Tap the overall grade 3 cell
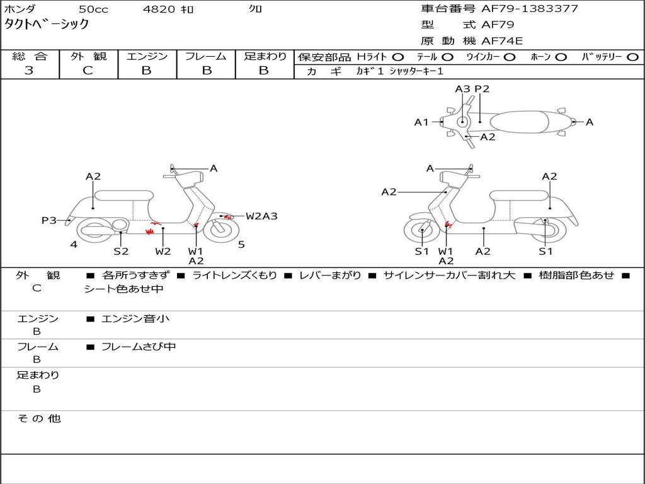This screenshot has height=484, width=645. (x=29, y=71)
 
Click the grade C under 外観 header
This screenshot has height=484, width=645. (x=88, y=71)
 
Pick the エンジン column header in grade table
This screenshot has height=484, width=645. (x=147, y=56)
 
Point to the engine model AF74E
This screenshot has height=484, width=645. (x=502, y=41)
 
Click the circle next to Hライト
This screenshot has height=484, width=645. (x=398, y=57)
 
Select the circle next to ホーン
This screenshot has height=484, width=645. (x=561, y=57)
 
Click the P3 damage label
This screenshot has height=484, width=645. (x=49, y=220)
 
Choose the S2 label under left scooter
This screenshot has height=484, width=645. (x=121, y=251)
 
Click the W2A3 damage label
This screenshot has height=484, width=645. (x=261, y=216)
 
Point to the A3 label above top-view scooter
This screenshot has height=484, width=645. (x=462, y=89)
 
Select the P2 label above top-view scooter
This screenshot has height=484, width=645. (x=482, y=89)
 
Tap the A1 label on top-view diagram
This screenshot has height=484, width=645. (x=421, y=122)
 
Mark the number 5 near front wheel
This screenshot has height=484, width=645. (x=241, y=245)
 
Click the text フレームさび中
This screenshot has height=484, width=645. (x=139, y=347)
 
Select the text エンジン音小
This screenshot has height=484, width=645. (x=135, y=319)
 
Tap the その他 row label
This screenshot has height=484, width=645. (x=38, y=418)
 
